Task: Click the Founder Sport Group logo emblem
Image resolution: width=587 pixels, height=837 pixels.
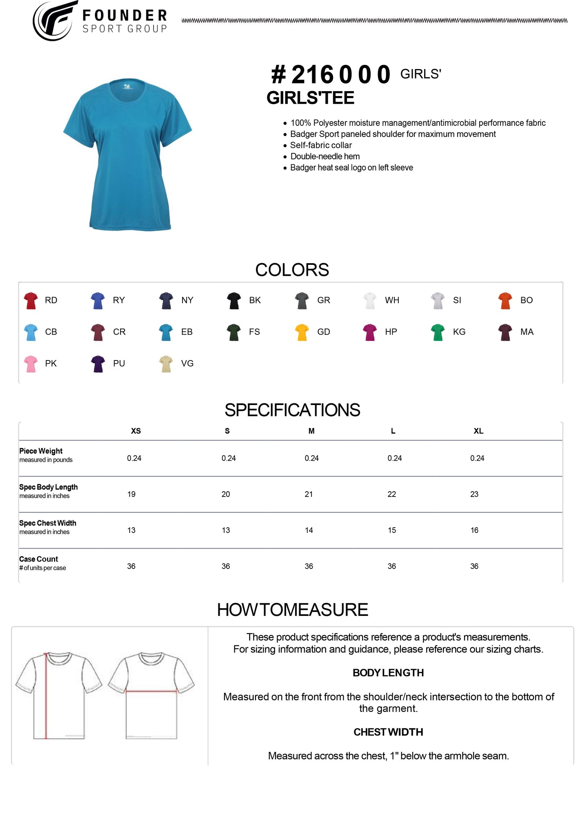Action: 55,20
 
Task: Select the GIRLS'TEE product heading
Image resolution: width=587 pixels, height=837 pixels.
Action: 310,98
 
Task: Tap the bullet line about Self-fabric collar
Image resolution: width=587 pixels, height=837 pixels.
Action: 321,145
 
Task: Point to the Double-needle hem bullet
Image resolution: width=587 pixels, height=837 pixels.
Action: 325,157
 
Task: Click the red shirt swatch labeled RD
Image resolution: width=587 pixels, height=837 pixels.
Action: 31,300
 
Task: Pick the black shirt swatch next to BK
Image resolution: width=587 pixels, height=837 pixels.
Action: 234,300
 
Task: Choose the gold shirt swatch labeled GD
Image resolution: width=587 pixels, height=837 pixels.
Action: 302,332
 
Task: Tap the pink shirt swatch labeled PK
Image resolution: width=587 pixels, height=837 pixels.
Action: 31,364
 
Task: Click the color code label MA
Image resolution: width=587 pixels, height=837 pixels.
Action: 527,332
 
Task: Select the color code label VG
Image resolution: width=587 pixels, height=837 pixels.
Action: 187,363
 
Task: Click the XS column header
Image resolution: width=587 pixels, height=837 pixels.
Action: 136,431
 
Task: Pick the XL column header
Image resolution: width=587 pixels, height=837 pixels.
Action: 478,431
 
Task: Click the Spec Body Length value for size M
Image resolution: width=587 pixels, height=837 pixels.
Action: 309,494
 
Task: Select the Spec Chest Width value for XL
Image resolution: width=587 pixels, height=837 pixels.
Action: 474,530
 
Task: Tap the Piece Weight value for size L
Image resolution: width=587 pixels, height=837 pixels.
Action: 395,458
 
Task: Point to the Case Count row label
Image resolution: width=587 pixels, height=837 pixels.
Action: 39,559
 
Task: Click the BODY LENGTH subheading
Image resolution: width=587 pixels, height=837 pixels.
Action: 388,673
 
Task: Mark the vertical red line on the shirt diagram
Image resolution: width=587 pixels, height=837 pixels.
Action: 46,695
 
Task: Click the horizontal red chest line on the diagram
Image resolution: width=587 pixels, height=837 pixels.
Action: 151,691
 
